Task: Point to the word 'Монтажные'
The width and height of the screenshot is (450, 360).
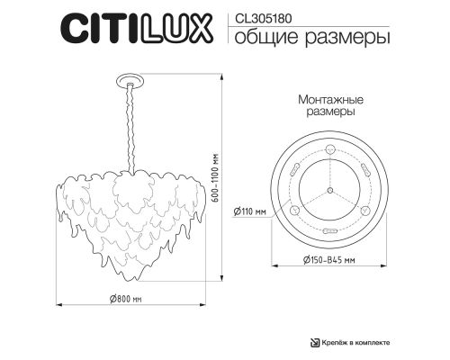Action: click(x=328, y=103)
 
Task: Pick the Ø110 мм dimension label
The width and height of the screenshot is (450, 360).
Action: click(x=248, y=211)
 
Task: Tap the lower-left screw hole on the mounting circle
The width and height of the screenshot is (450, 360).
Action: click(x=293, y=209)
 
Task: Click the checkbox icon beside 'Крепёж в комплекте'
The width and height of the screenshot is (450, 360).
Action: click(x=315, y=342)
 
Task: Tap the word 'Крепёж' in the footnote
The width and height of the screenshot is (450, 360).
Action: click(x=336, y=342)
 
